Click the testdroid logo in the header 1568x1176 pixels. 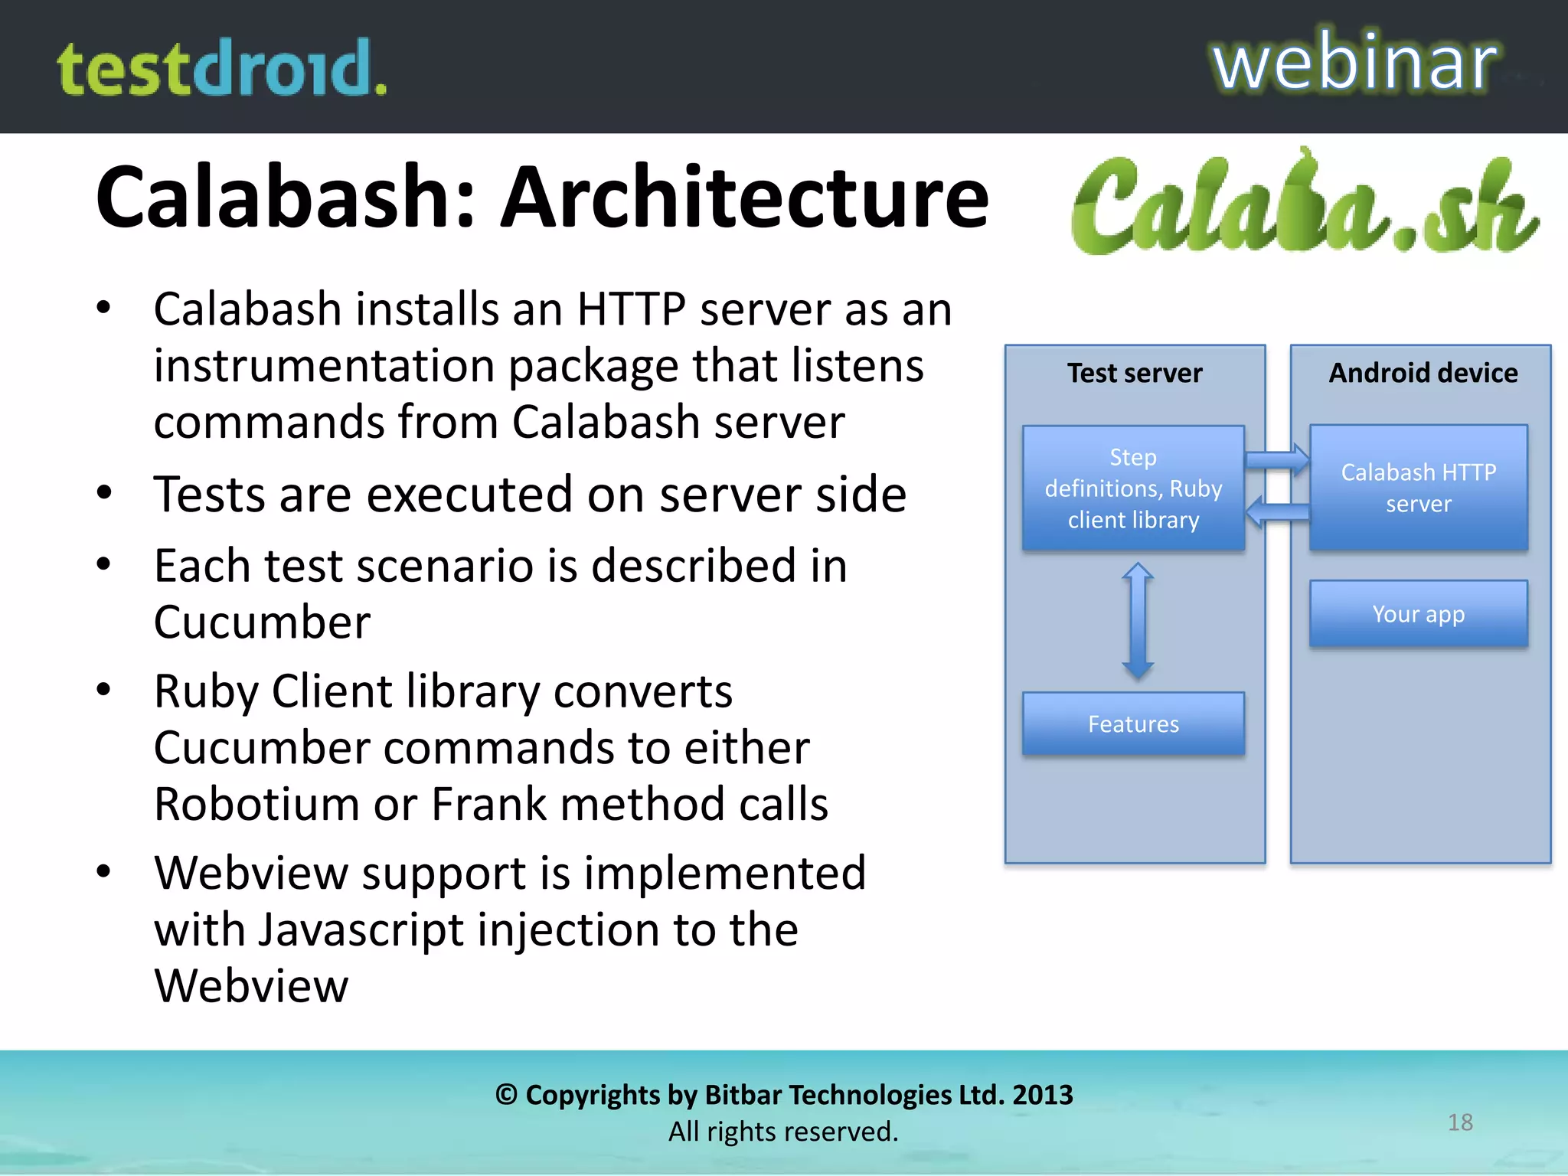click(222, 69)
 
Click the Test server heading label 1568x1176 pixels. click(1135, 373)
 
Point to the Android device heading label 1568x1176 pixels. click(1423, 373)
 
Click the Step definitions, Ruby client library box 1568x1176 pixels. click(1133, 488)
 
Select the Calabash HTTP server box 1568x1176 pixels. click(1418, 488)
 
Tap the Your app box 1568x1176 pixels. click(1418, 614)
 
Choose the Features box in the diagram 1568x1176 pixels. click(1133, 724)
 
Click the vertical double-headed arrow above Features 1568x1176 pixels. click(1138, 620)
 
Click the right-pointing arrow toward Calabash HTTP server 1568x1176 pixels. click(1277, 460)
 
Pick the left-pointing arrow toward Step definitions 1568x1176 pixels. click(1277, 511)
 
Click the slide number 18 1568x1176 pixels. click(1460, 1122)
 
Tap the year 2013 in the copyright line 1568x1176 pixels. click(1042, 1095)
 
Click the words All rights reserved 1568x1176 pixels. click(783, 1132)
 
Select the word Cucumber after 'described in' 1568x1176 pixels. click(262, 622)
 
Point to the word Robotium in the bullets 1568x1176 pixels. click(256, 804)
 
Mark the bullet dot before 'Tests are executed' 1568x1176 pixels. click(104, 493)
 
